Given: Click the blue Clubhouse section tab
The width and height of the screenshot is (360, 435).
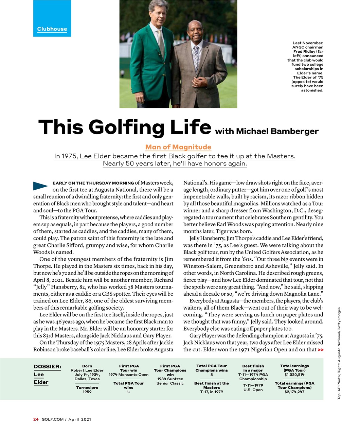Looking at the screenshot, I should pos(52,29).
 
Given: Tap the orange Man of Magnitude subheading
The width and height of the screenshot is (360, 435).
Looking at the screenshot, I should pos(178,147).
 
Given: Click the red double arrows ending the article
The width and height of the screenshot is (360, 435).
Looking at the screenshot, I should pos(320,350).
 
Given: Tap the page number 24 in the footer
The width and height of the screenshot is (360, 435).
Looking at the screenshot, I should pos(36,419).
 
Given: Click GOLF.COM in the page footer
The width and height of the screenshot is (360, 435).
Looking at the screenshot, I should pos(52,419).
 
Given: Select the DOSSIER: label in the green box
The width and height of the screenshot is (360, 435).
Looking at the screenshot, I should pos(47,366).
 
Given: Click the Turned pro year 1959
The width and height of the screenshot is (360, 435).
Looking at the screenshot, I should pos(87,392).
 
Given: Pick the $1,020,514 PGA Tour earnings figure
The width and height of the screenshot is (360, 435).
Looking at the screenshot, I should pos(294,375).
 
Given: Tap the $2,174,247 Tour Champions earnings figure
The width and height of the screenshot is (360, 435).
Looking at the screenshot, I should pos(294,392).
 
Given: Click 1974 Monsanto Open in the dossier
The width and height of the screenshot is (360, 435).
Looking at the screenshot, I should pos(128,375).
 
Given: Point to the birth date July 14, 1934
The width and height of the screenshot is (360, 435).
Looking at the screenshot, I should pos(87,375).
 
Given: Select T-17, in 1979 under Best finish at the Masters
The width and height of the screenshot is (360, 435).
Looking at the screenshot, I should pos(211,392).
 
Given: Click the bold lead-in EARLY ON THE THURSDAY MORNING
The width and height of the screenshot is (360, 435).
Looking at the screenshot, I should pos(93,183).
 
